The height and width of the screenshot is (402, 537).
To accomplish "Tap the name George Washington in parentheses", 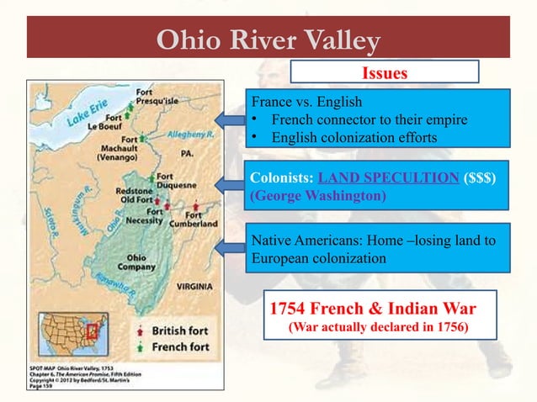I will click(x=318, y=197).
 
